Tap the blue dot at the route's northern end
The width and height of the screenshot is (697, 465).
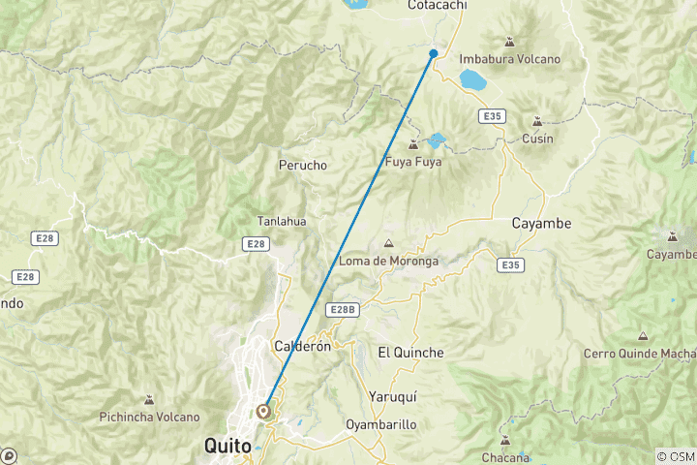(x=434, y=53)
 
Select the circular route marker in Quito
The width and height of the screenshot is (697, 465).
(x=263, y=411)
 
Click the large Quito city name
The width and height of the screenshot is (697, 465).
(x=228, y=447)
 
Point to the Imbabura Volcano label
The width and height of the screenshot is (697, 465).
(x=509, y=59)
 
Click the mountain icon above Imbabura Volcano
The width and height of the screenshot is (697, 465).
(x=509, y=41)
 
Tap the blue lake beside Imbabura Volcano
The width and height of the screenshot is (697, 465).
(x=473, y=78)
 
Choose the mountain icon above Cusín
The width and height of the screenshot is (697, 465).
(x=537, y=121)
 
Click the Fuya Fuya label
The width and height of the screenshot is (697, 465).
(x=413, y=162)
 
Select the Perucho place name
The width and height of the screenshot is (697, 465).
(x=303, y=166)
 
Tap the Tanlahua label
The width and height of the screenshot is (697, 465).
(x=282, y=221)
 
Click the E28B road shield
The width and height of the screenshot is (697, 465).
(x=342, y=309)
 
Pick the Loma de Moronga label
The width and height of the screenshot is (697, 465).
(x=389, y=262)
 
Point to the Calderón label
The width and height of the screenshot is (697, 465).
(x=303, y=346)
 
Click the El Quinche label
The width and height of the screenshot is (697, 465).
(x=410, y=353)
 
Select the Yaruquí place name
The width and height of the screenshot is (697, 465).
(x=392, y=396)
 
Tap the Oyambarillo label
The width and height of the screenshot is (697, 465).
(x=380, y=424)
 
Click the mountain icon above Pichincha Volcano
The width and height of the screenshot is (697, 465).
(x=149, y=399)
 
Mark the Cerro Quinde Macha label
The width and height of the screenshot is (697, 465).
(x=637, y=354)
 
